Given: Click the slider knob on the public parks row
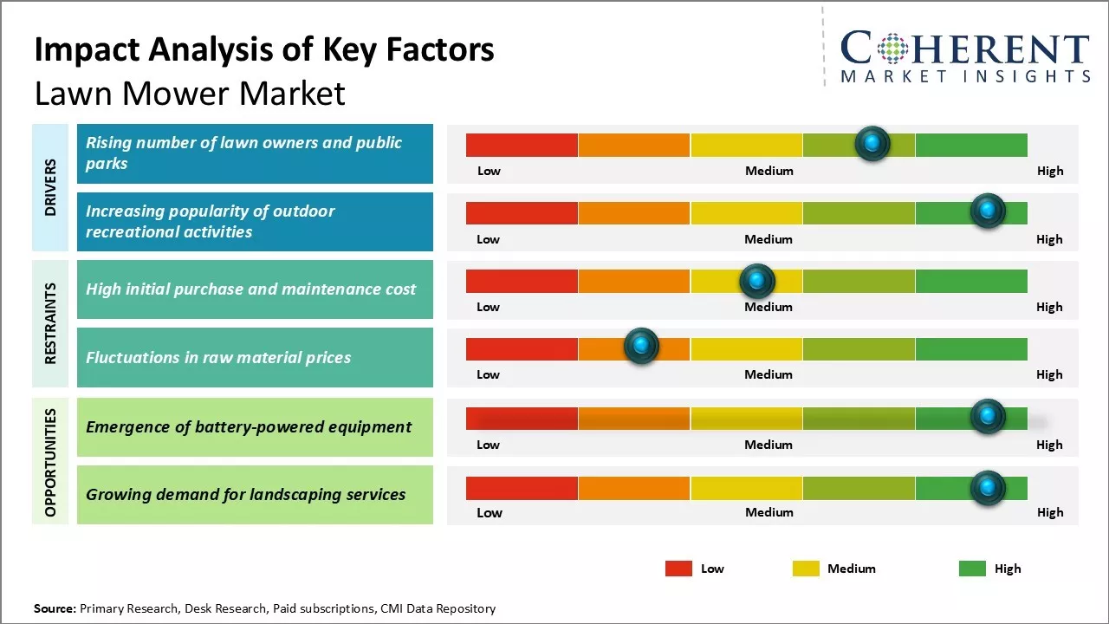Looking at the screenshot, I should [872, 144].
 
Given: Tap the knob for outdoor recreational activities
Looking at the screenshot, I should [988, 211].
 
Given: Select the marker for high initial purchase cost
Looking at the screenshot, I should [757, 280].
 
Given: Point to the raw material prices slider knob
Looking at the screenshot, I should [641, 347].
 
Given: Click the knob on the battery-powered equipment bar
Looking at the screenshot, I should [988, 416].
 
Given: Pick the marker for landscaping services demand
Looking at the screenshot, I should [988, 488].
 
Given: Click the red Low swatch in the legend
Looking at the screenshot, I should [678, 569].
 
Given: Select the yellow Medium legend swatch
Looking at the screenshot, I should [806, 569].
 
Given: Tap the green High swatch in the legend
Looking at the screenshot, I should [972, 569].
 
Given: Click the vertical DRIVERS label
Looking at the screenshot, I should [50, 187].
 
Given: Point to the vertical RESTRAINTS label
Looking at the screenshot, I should [50, 323].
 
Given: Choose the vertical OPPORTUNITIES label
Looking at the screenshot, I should [50, 462].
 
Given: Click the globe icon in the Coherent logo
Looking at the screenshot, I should [892, 49].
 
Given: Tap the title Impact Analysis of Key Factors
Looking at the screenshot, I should [264, 50].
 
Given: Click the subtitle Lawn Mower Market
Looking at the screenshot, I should [190, 94].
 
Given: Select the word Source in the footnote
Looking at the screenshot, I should [55, 608].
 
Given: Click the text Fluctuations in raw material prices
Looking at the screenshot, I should [218, 357].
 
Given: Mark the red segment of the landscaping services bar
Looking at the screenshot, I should [522, 488].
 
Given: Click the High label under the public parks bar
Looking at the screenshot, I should [1050, 171].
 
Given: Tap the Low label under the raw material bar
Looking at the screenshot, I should [488, 374].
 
